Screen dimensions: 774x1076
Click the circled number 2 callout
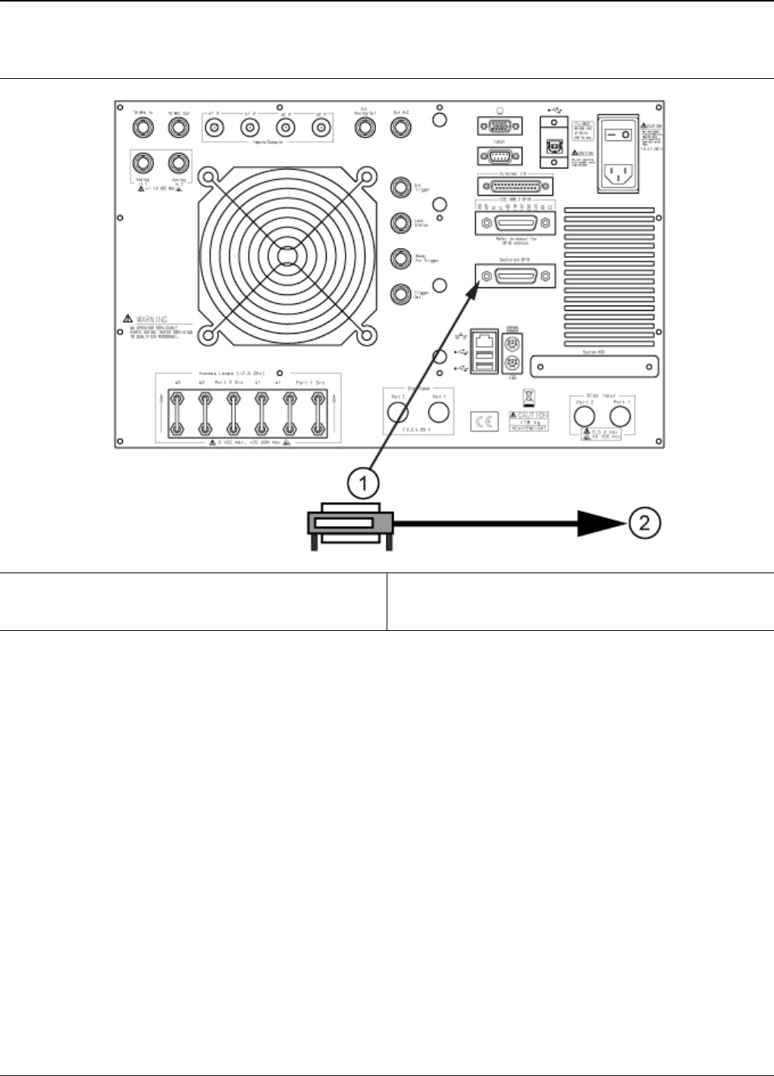tap(644, 522)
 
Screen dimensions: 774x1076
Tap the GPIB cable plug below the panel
tap(349, 524)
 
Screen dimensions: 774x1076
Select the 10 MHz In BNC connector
tap(143, 128)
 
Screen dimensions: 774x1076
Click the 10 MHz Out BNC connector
tap(179, 128)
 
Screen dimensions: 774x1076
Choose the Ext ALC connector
tap(400, 128)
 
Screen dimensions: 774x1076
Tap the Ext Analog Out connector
tap(365, 128)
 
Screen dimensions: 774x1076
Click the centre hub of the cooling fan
tap(285, 257)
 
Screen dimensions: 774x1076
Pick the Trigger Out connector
tap(401, 294)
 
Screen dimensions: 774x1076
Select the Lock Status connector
tap(401, 223)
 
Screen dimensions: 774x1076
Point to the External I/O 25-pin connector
tap(515, 186)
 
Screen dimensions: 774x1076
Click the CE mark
tap(484, 422)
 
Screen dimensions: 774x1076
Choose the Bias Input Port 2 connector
tap(583, 416)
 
